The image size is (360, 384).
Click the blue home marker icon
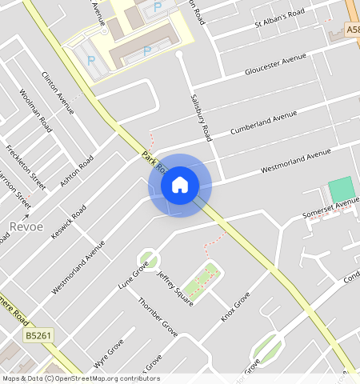[x=180, y=185]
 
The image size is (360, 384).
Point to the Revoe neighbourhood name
[x=26, y=227]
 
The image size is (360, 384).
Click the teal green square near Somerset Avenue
[x=341, y=190]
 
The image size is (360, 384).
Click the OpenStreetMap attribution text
[x=81, y=378]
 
